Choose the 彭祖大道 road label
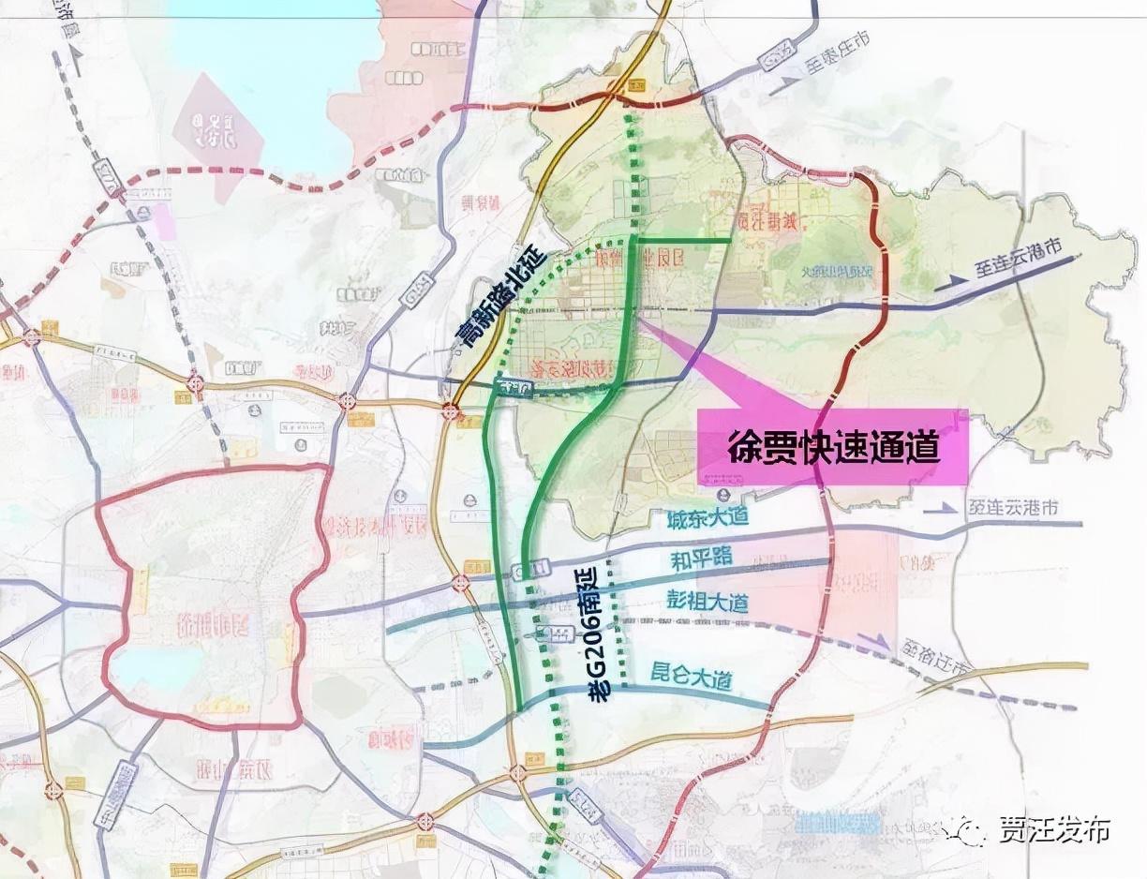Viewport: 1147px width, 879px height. tap(708, 601)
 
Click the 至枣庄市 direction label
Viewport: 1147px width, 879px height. tap(837, 52)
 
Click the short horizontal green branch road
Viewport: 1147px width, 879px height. tap(684, 241)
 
